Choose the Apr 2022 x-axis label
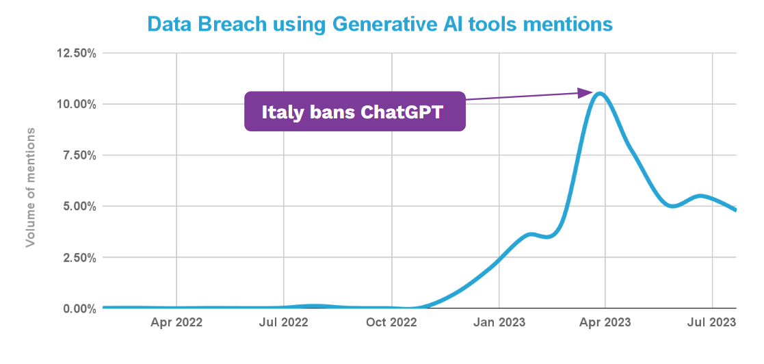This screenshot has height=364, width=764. click(176, 322)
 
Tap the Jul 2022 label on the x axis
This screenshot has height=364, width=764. click(284, 322)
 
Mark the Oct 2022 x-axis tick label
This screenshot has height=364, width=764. click(391, 322)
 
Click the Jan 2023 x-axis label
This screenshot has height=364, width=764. click(499, 322)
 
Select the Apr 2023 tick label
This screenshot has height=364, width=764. click(606, 322)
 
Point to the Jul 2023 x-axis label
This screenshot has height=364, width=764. click(713, 322)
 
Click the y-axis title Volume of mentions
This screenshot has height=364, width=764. click(31, 186)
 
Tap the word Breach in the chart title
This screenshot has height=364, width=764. click(233, 24)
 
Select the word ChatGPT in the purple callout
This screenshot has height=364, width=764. click(404, 112)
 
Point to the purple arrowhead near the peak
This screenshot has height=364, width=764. click(585, 92)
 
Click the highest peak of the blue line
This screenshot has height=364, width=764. click(600, 93)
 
